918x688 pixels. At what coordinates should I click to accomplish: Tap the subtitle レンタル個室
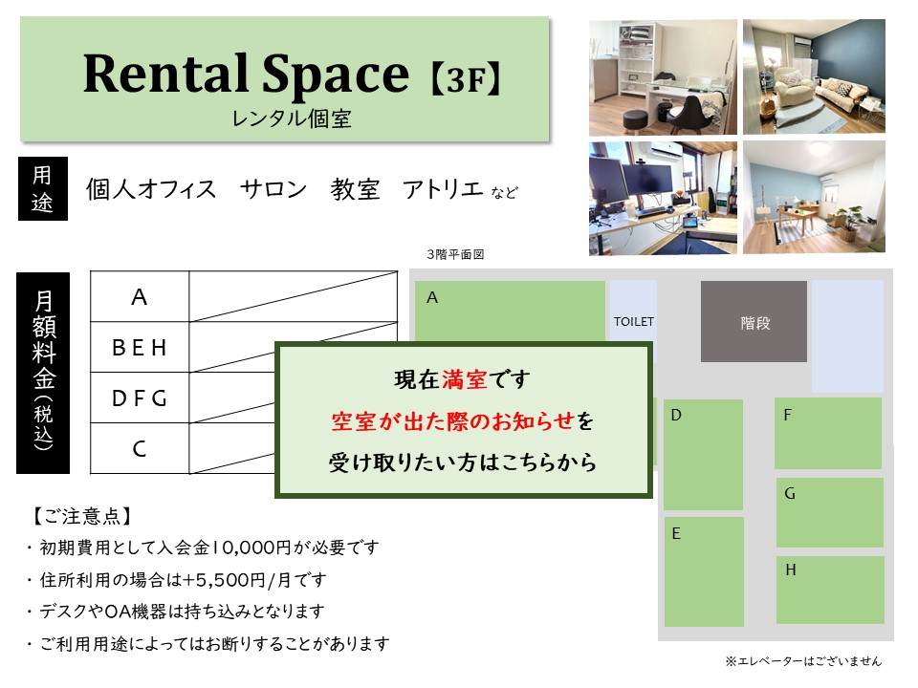coord(292,118)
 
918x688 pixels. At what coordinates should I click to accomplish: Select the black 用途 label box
coord(43,188)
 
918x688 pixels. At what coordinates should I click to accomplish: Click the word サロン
coord(273,189)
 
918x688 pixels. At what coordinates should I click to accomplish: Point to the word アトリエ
coord(443,189)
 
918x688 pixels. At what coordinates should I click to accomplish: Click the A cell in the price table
coord(140,296)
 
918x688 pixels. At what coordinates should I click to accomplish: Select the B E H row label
coord(140,348)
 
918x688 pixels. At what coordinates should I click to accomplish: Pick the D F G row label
coord(140,398)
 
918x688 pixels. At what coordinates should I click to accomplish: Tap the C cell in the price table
coord(140,449)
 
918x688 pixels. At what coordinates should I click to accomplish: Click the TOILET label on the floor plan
coord(633,322)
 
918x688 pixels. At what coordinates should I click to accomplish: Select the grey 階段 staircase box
coord(754,321)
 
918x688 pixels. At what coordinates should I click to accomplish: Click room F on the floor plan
coord(828,434)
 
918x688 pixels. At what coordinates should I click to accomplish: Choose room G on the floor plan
coord(830,512)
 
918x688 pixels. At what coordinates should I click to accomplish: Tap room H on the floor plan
coord(830,590)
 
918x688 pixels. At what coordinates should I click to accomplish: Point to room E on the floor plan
coord(704,571)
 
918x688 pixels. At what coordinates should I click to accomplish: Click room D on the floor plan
coord(703,455)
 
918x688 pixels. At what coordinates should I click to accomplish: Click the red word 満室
coord(465,379)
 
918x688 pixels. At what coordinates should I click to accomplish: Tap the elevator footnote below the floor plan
coord(803,661)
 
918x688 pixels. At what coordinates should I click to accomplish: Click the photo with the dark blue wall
coord(814,76)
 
